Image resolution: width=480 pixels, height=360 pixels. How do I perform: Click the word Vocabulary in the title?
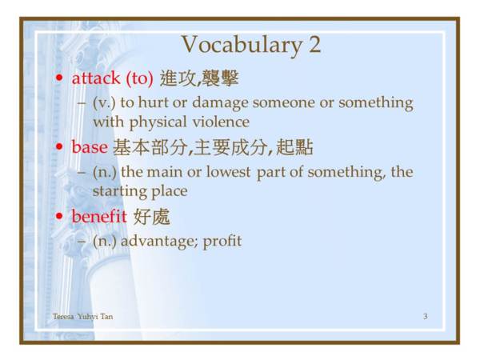point(242,45)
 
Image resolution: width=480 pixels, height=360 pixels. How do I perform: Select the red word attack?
point(96,78)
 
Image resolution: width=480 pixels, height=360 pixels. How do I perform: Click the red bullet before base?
point(59,146)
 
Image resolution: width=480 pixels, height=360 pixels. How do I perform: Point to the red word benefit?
point(99,216)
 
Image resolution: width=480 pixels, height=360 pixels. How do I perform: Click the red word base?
point(90,147)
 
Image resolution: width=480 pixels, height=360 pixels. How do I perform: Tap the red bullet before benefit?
point(59,216)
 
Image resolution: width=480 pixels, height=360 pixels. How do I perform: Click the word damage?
point(220,103)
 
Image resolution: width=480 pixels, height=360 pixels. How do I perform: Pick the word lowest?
point(228,172)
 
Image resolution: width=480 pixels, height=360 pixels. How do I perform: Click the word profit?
point(222,242)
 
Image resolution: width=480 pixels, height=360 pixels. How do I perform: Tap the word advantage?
point(160,242)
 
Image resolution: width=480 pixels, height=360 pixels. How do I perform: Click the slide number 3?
point(426,316)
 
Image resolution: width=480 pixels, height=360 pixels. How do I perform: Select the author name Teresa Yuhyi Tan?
point(82,317)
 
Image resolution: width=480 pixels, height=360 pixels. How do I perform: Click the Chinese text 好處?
point(152,217)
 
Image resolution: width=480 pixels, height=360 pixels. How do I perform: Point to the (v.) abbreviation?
point(104,103)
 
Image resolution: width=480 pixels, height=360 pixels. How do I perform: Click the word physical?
point(158,122)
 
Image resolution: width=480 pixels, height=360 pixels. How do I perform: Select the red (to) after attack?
point(139,78)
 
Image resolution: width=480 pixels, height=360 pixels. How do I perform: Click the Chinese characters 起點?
point(294,147)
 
